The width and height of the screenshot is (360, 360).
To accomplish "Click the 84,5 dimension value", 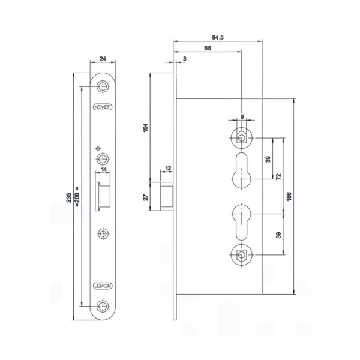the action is (218, 37).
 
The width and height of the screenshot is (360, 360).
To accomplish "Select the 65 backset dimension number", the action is (208, 48).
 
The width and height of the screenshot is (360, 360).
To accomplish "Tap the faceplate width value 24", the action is (103, 59).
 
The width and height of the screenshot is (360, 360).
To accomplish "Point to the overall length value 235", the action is (68, 197).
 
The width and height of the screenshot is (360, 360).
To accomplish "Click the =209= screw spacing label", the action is (77, 197).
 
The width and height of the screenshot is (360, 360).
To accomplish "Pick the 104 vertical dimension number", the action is (145, 128).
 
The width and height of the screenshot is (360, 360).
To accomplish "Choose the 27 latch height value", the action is (145, 197).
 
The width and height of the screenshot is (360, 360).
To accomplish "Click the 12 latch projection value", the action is (168, 168).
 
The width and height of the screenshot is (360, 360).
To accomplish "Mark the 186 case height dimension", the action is (289, 197).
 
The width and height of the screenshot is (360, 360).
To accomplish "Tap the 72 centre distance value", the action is (278, 176).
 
